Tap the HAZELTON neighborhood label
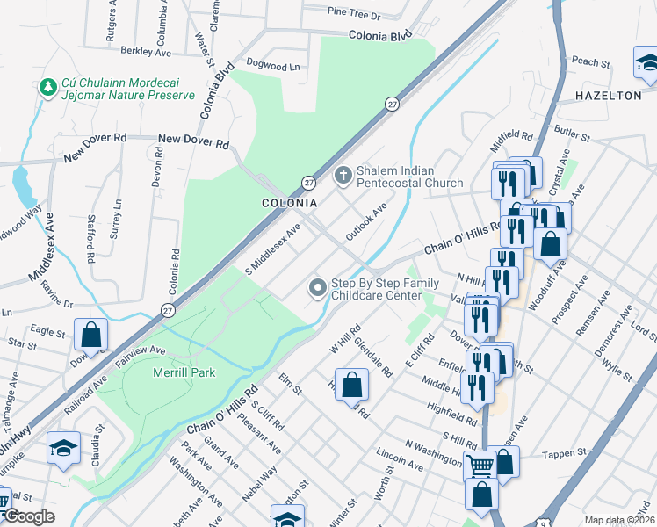pyautogui.click(x=608, y=95)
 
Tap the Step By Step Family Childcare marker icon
pyautogui.click(x=317, y=287)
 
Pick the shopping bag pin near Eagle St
pyautogui.click(x=90, y=335)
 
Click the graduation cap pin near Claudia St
pyautogui.click(x=63, y=448)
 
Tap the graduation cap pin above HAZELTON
pyautogui.click(x=646, y=64)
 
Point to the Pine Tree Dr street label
pyautogui.click(x=353, y=15)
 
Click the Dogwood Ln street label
pyautogui.click(x=273, y=66)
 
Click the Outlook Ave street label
pyautogui.click(x=366, y=223)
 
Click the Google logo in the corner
pyautogui.click(x=28, y=516)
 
